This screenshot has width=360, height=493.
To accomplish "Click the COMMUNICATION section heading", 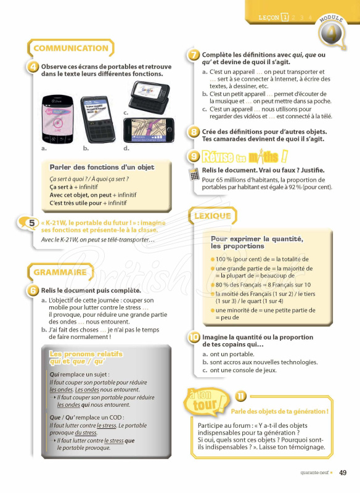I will point(70,48).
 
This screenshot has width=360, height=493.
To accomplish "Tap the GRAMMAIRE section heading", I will point(59,272).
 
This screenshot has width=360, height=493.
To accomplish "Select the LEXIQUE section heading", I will point(213,216).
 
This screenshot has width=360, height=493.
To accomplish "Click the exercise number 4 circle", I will point(35,67).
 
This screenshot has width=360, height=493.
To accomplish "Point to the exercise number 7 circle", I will point(194,55).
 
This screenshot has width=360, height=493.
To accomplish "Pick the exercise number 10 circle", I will point(194,337).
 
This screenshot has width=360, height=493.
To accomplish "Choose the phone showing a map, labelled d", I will point(149,129).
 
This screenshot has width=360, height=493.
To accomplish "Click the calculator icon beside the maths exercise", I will point(195,174).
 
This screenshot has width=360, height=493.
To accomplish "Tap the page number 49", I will point(343,473).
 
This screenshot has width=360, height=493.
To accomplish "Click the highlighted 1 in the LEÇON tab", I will point(285,18).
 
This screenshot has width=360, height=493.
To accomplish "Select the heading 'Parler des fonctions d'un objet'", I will point(102,167).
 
